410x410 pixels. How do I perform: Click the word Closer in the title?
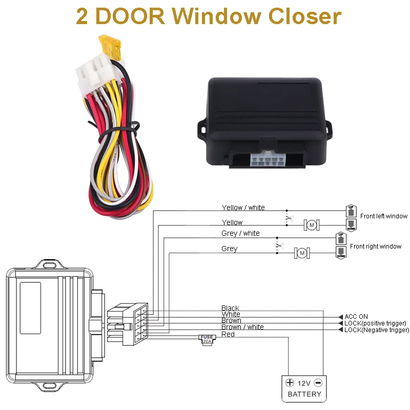coord(302,16)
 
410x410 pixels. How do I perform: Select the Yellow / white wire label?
coord(243,208)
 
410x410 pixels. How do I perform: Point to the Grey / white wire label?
coord(240,233)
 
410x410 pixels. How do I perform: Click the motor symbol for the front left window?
coord(311,224)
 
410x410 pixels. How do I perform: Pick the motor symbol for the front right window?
coord(302,253)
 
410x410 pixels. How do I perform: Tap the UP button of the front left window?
coord(351,210)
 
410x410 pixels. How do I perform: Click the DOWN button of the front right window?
coord(341,252)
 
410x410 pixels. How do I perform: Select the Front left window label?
coord(383,216)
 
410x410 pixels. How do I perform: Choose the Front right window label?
coord(375,247)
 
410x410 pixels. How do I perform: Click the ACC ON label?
coord(356,317)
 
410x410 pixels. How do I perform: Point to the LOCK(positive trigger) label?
coord(375,323)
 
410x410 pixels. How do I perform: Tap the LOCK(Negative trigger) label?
coord(377,330)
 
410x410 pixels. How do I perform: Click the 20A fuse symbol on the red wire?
coord(207,339)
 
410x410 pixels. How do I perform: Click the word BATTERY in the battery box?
coord(304,394)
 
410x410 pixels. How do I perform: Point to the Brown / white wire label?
coord(242,327)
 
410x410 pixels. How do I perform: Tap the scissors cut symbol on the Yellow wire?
coord(289,219)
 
